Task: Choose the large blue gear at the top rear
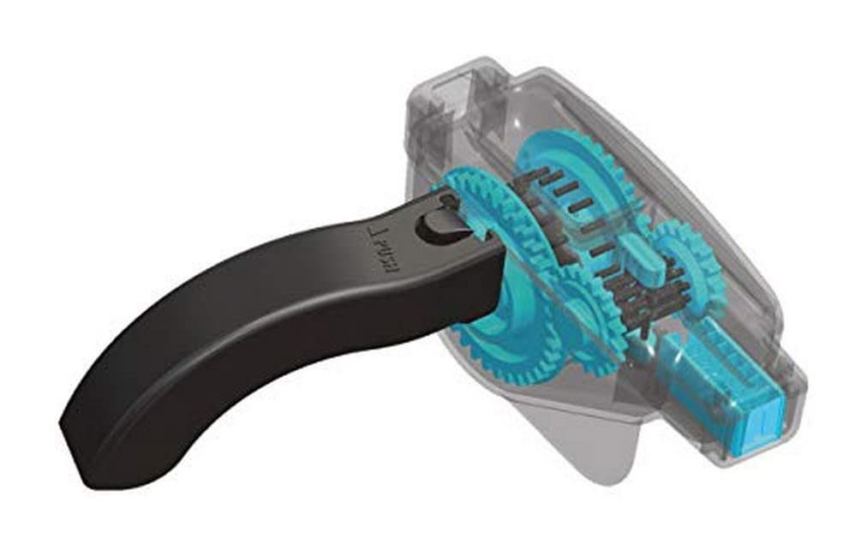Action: [x=583, y=171]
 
